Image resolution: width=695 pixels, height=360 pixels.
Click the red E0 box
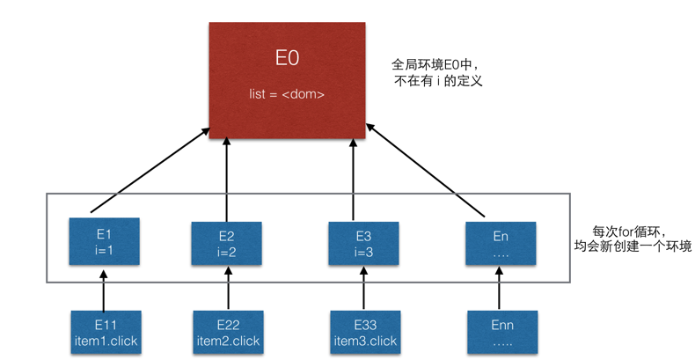point(288,78)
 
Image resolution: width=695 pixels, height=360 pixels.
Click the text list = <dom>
point(287,92)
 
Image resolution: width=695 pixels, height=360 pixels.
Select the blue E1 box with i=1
point(105,242)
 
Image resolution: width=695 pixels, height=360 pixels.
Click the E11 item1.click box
point(105,333)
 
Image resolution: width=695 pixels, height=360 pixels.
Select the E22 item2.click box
point(226,333)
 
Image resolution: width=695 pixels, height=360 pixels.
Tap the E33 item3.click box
point(364,333)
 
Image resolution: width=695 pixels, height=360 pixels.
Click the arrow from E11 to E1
point(104,289)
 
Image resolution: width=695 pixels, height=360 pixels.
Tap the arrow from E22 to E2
point(227,289)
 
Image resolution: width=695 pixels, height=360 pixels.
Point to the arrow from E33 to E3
point(364,289)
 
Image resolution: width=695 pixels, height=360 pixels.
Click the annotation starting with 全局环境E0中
point(439,72)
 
